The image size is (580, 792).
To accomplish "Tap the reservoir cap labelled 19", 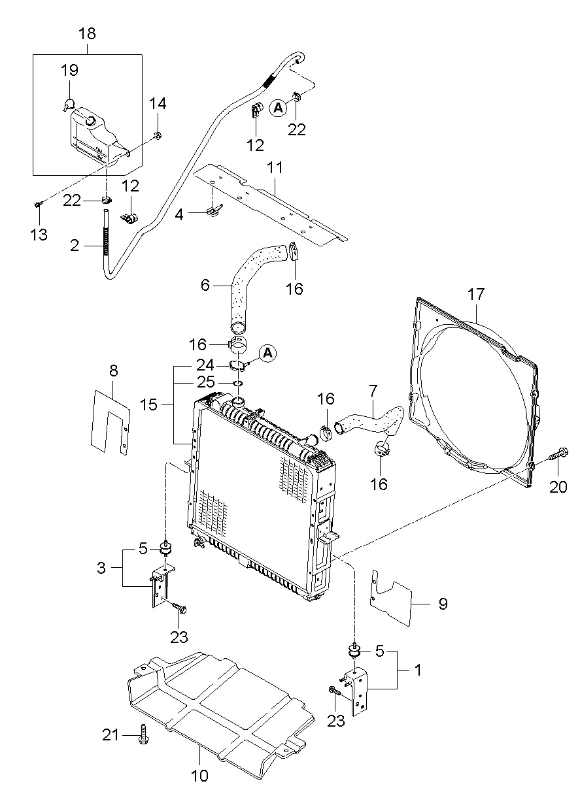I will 70,103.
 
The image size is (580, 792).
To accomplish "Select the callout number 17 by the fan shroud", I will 475,294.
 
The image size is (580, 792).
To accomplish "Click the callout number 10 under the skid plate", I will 199,776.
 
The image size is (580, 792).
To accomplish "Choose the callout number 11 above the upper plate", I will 275,169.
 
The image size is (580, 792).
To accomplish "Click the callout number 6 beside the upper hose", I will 205,285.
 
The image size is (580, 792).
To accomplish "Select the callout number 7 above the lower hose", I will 373,392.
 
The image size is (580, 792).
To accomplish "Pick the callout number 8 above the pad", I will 114,371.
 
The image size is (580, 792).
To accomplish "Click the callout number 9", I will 443,603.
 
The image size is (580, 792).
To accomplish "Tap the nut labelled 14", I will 158,136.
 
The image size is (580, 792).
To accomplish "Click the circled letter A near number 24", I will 268,354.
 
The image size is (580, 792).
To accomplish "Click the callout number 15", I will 149,405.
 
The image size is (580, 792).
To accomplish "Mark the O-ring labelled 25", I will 239,383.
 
